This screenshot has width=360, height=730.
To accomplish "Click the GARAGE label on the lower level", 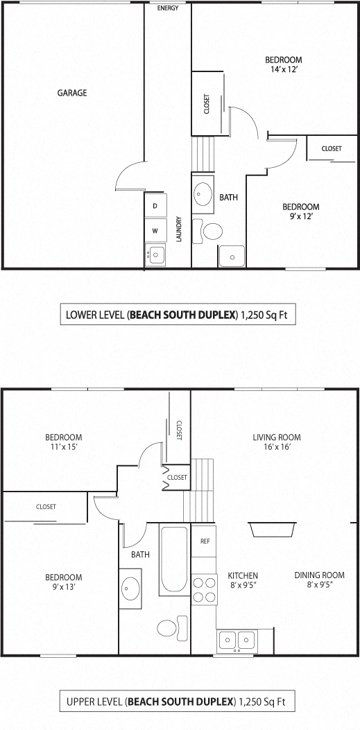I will tap(72, 93).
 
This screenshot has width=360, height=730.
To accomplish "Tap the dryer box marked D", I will tap(155, 206).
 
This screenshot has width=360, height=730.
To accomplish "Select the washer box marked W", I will tap(155, 230).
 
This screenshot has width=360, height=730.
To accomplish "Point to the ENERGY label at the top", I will tap(168, 8).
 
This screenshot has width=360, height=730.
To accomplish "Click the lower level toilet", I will tap(210, 230).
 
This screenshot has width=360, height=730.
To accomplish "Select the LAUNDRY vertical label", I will tap(179, 229).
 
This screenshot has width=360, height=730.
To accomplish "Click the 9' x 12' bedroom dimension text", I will tap(300, 217).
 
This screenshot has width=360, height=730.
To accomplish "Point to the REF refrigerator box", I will tap(205, 541).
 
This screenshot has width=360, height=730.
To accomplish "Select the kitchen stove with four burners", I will tap(204, 589).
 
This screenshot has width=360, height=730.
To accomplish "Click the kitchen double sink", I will tap(237, 640).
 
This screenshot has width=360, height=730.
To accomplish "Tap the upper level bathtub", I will tap(173, 560).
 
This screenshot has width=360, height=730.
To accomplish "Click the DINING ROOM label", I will tap(319, 575).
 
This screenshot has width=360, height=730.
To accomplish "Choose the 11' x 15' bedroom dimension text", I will tap(63, 447).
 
